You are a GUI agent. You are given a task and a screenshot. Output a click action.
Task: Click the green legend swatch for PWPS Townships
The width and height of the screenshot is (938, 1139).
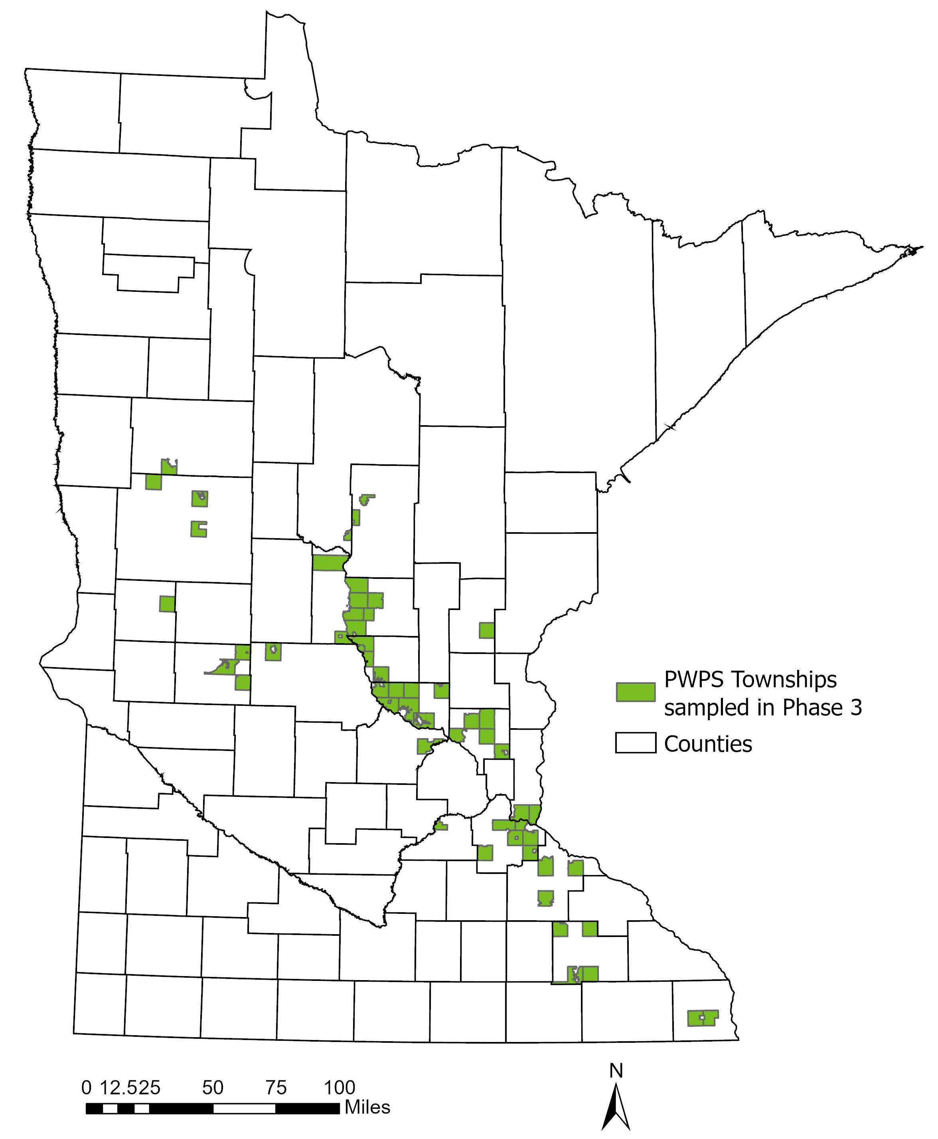pyautogui.click(x=636, y=691)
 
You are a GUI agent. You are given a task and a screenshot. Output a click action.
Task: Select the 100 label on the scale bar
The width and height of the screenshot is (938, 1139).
pyautogui.click(x=339, y=1087)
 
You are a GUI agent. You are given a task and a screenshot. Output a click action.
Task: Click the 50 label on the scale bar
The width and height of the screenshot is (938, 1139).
pyautogui.click(x=213, y=1087)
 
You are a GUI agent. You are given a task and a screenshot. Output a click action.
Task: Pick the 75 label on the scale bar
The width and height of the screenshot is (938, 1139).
pyautogui.click(x=276, y=1087)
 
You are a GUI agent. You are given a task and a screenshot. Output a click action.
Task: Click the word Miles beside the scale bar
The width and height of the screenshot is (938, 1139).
pyautogui.click(x=367, y=1107)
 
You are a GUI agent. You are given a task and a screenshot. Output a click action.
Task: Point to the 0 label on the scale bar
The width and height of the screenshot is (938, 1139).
pyautogui.click(x=87, y=1087)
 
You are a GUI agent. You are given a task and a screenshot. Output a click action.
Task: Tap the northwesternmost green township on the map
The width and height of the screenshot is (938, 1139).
pyautogui.click(x=169, y=467)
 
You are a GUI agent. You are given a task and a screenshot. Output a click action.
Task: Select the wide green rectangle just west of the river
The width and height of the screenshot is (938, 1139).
pyautogui.click(x=328, y=563)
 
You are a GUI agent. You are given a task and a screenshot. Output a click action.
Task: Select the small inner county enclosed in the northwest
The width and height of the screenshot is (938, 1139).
pyautogui.click(x=148, y=271)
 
